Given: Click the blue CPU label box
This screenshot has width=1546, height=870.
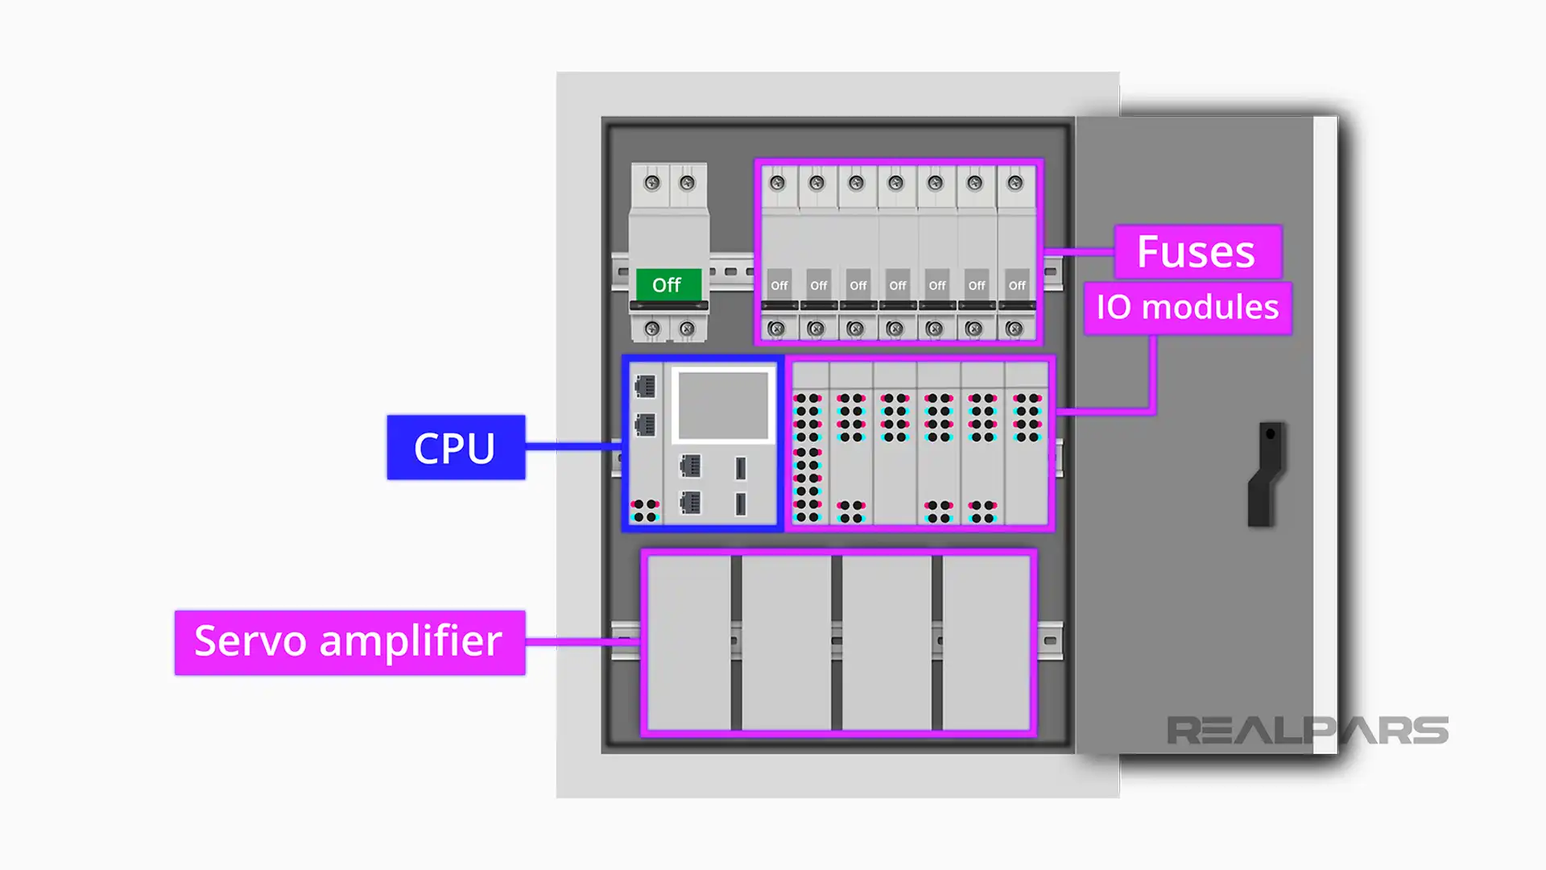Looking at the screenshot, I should pos(456,448).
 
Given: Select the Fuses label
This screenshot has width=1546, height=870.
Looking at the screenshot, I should pos(1197,252).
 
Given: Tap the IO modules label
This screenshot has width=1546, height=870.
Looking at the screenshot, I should pos(1187,308).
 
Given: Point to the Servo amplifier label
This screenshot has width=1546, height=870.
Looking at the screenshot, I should pos(349,642).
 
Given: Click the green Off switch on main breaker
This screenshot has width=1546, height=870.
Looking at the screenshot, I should pos(668,285).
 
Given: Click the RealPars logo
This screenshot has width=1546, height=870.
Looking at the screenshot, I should pos(1307,731).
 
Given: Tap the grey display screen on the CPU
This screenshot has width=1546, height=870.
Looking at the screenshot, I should pos(723,405).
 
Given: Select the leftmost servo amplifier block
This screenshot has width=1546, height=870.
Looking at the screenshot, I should pos(689,642).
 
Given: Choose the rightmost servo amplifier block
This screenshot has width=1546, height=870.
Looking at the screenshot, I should pos(986,642).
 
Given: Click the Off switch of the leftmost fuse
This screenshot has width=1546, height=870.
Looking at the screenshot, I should pos(779,285).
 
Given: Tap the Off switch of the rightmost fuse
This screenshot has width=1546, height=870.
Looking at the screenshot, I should pos(1017,285).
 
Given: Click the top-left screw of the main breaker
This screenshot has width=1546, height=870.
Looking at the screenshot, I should pos(652,183).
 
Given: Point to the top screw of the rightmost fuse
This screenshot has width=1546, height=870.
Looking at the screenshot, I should pos(1015,183).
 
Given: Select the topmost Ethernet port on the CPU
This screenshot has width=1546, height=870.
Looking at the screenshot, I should pos(645,387).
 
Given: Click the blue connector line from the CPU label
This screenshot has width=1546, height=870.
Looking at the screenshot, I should pos(573,445).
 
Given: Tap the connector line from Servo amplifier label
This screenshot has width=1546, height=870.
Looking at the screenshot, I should pos(582,642).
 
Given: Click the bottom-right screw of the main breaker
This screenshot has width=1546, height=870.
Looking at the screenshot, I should pos(687,329).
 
